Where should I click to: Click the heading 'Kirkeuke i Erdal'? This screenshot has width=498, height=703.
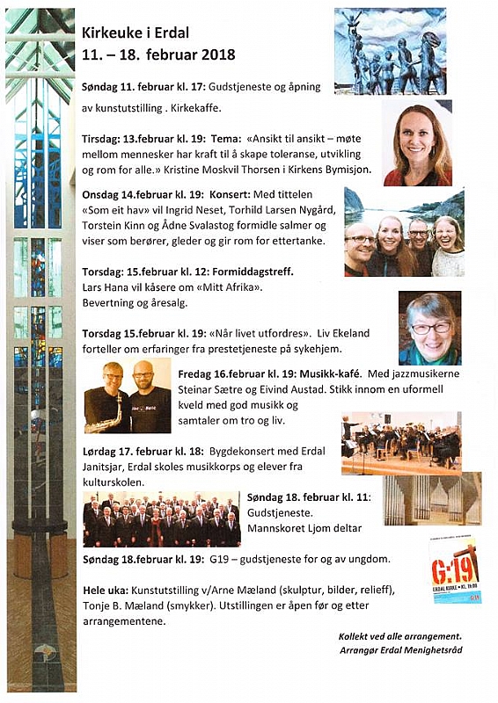pyautogui.click(x=135, y=33)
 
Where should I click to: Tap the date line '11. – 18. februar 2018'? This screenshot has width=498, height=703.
pyautogui.click(x=158, y=54)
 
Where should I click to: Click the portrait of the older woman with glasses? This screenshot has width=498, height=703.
pyautogui.click(x=429, y=328)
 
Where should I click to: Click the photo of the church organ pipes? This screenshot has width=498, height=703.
pyautogui.click(x=431, y=499)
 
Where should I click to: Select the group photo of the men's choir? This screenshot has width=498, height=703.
pyautogui.click(x=161, y=519)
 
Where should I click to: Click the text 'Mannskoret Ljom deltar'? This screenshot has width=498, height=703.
pyautogui.click(x=305, y=531)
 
